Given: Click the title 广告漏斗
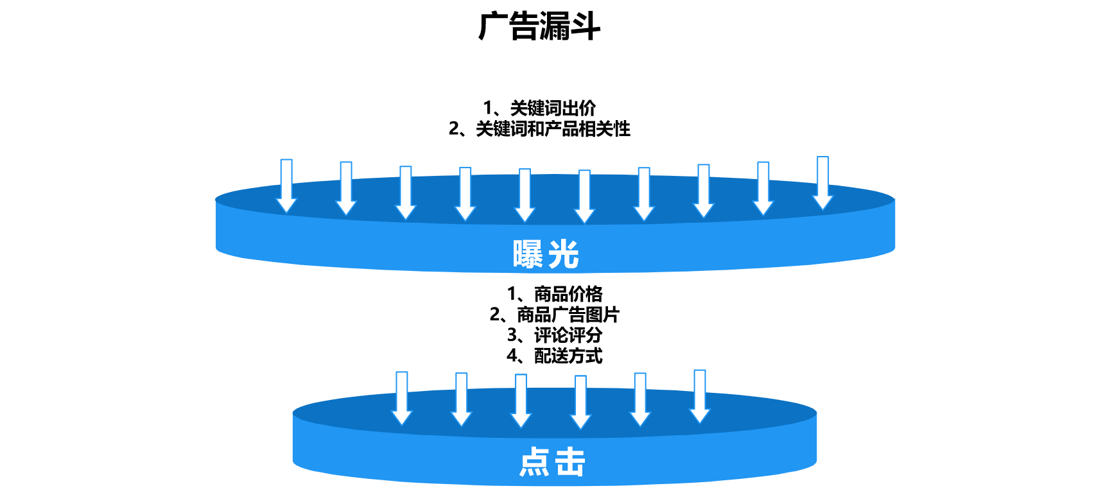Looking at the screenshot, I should point(539,27).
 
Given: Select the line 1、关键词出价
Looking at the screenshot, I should point(539,108).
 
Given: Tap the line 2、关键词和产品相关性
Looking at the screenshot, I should point(539,129).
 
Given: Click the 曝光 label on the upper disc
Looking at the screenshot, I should point(546,254).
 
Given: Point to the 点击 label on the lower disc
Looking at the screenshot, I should point(552,462).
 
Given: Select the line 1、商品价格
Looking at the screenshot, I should point(555,294).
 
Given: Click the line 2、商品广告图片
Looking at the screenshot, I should point(555,315).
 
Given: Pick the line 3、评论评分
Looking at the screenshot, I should point(555,335).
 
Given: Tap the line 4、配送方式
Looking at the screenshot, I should point(555,356).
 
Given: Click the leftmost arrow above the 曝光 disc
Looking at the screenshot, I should point(286,186).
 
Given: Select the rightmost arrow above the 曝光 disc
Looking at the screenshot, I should point(822,183).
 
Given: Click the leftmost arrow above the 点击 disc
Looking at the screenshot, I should point(402,398).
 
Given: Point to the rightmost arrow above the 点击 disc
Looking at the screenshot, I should point(700,397).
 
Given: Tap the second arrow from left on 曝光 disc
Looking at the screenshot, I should point(346,189).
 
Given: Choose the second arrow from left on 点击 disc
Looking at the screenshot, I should point(462,399).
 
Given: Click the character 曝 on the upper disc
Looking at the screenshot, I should point(528,254).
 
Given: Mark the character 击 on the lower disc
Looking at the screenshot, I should point(570,462).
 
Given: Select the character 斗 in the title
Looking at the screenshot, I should point(585,27).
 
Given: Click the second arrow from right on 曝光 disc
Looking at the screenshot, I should point(763,189).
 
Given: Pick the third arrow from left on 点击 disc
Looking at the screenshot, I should point(521,401).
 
